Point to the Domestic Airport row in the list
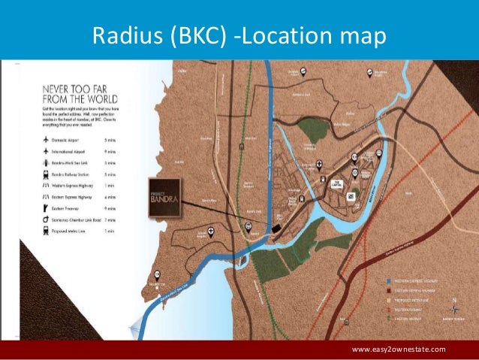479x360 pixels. pyautogui.click(x=75, y=139)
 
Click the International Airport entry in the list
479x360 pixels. pyautogui.click(x=75, y=150)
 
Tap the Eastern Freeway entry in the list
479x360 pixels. pyautogui.click(x=75, y=208)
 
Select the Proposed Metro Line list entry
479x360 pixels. pyautogui.click(x=75, y=231)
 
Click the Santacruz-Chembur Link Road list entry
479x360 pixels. pyautogui.click(x=75, y=219)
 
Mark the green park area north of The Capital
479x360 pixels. pyautogui.click(x=313, y=129)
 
